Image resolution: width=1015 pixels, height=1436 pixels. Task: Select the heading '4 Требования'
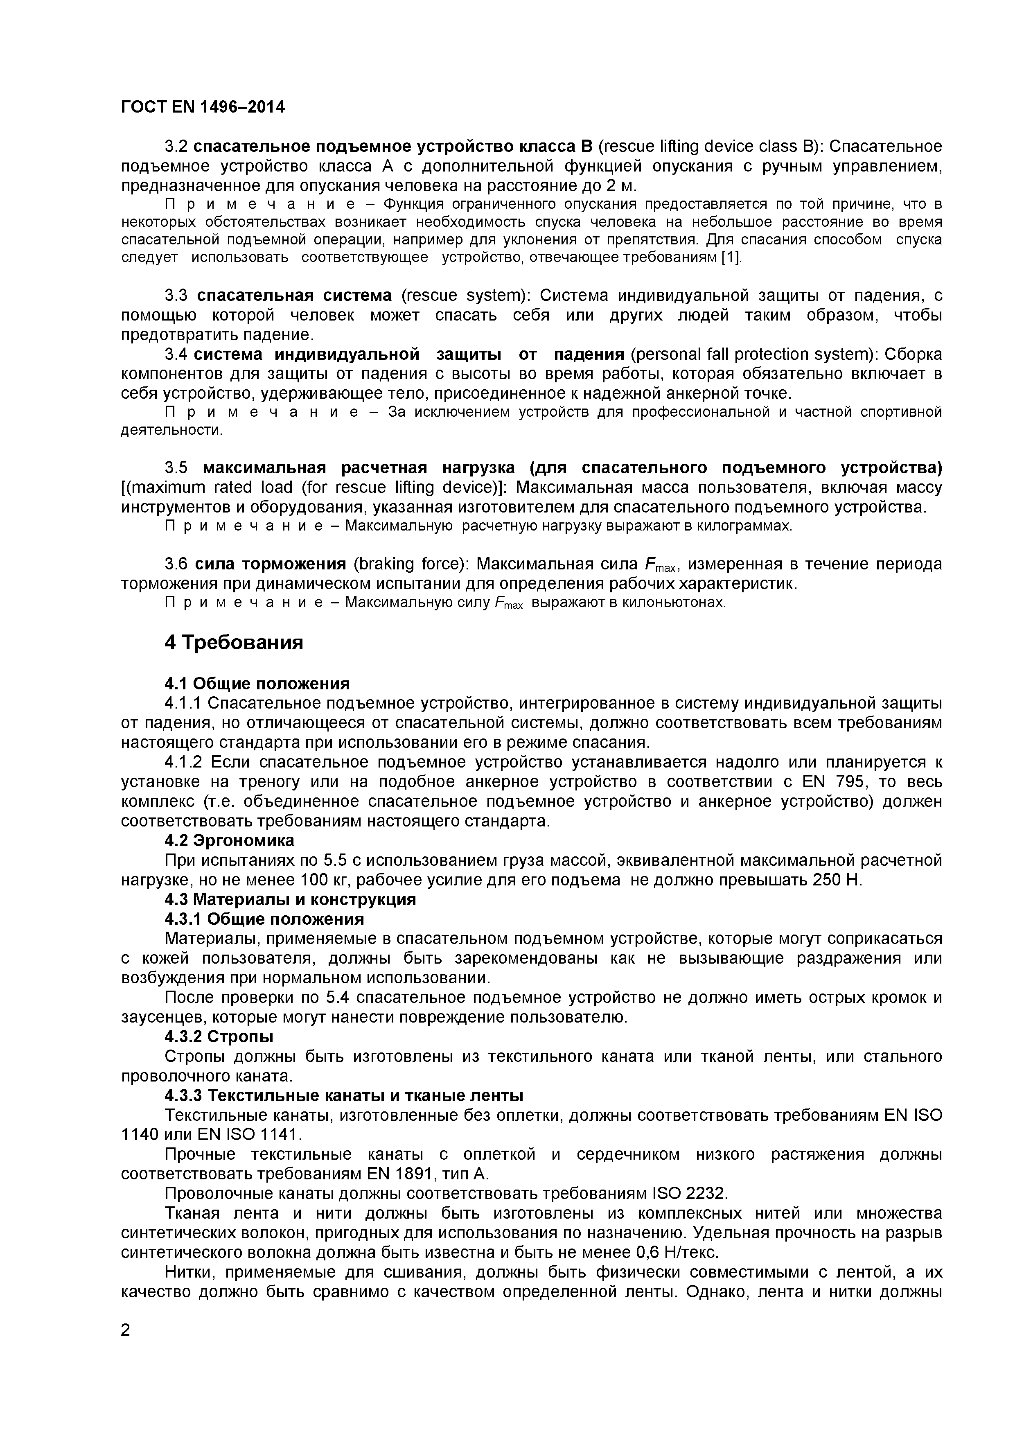coord(234,642)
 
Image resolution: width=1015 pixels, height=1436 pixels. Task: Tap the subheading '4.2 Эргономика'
coord(230,839)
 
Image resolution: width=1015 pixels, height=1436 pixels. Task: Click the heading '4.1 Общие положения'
coord(257,683)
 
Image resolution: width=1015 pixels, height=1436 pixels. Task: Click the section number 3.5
coord(176,468)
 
